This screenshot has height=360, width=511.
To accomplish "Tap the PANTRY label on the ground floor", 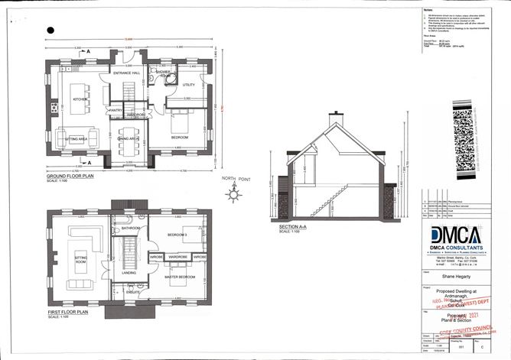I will (x=116, y=110).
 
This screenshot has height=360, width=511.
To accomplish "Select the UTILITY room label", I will (x=189, y=85).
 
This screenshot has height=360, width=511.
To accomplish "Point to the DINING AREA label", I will (x=127, y=139).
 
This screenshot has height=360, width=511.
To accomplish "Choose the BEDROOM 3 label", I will (x=178, y=233).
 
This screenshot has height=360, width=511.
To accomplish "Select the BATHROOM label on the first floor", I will (x=129, y=228).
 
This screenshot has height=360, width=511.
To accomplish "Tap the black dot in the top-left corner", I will (x=50, y=29).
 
